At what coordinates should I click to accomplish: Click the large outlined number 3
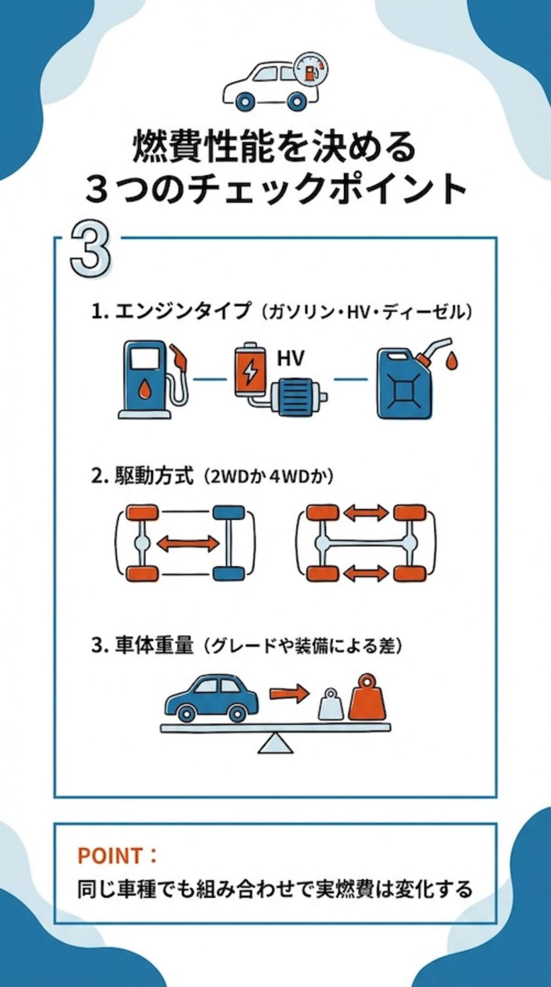90,251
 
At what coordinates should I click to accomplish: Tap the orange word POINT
110,855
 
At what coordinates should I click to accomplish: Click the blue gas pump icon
146,379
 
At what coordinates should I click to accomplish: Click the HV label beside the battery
291,358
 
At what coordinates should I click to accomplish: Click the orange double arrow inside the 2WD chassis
187,544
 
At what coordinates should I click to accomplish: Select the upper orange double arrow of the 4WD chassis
366,513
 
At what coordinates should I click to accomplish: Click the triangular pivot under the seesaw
275,744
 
